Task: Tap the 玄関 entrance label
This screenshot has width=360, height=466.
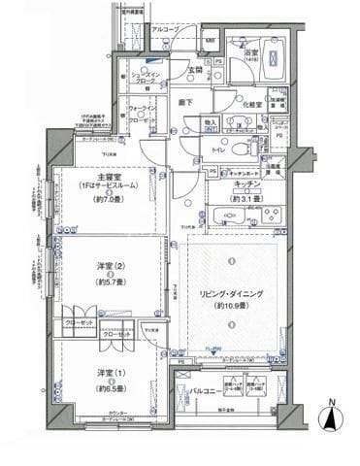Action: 193,69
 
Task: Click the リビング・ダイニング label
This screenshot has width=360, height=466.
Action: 233,293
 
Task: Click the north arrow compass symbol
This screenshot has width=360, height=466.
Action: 332,418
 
